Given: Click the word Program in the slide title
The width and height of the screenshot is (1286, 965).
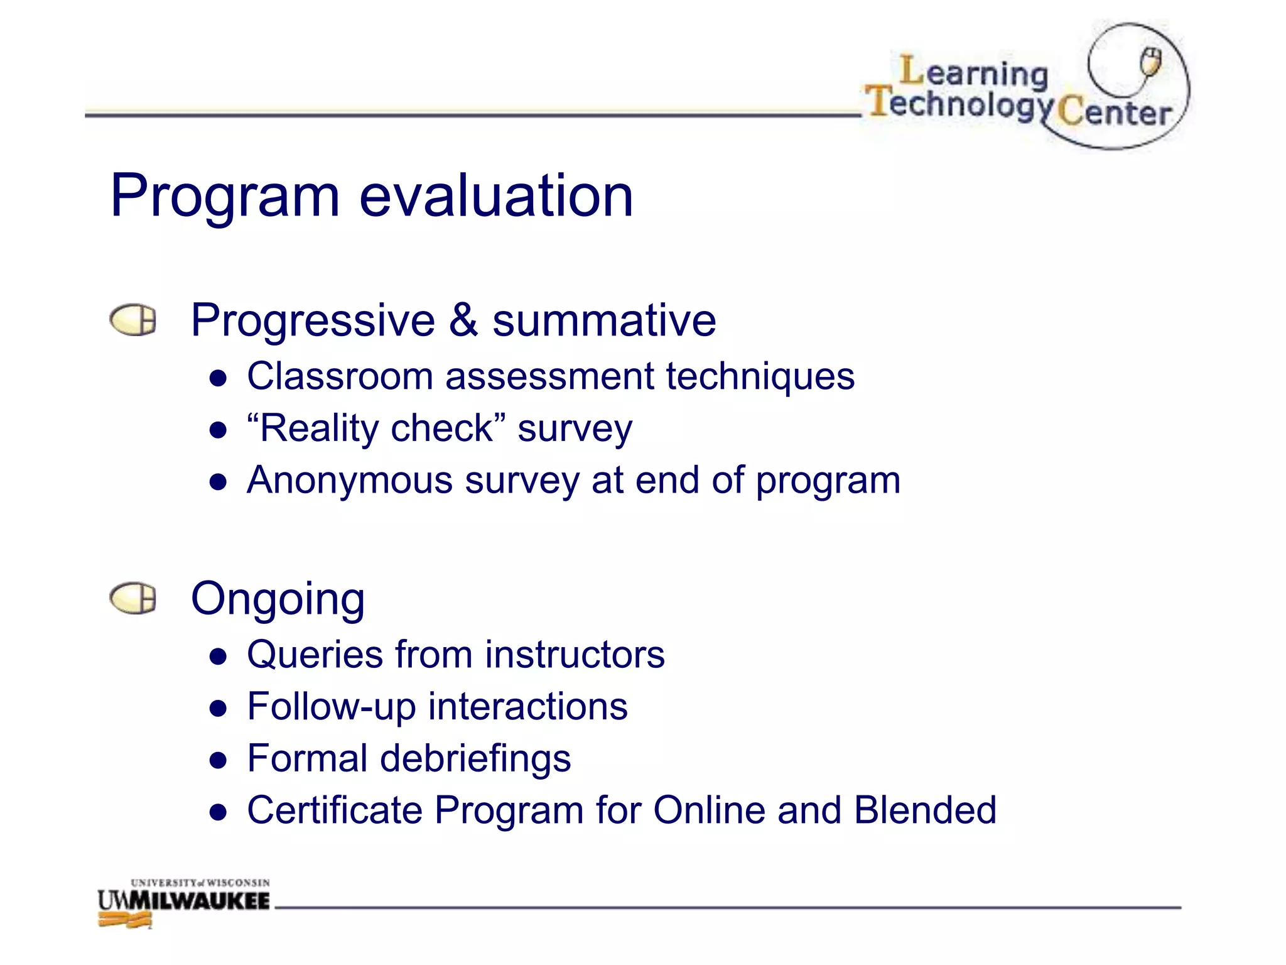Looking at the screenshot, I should (225, 197).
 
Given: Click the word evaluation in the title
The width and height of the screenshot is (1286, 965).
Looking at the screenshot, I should (496, 196).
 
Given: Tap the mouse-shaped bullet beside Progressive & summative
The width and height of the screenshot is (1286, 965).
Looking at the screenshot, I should (132, 320).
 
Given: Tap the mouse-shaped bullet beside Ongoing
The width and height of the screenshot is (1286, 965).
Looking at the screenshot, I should (132, 598).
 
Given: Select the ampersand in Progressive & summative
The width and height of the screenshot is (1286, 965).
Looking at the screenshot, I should (463, 320).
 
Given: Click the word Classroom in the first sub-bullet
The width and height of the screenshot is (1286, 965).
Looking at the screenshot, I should (340, 377).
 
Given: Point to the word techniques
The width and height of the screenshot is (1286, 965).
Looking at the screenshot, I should (760, 377).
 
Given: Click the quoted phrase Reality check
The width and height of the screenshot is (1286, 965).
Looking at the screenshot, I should (377, 429).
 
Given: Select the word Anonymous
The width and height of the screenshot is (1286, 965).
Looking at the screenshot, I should (350, 481).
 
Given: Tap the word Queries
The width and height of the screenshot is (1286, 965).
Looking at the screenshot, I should (315, 655).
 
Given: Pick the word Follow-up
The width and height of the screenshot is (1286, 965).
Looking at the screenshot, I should (331, 707).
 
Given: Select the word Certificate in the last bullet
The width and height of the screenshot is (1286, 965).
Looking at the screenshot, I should (334, 810).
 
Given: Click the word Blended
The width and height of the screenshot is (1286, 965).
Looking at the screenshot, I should (924, 810).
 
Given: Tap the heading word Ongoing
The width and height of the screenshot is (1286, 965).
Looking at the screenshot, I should (278, 599).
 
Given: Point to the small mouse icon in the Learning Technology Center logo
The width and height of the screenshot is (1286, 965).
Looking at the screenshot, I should (1150, 62).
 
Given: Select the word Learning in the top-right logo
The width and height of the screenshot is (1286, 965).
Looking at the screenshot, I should (974, 72).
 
